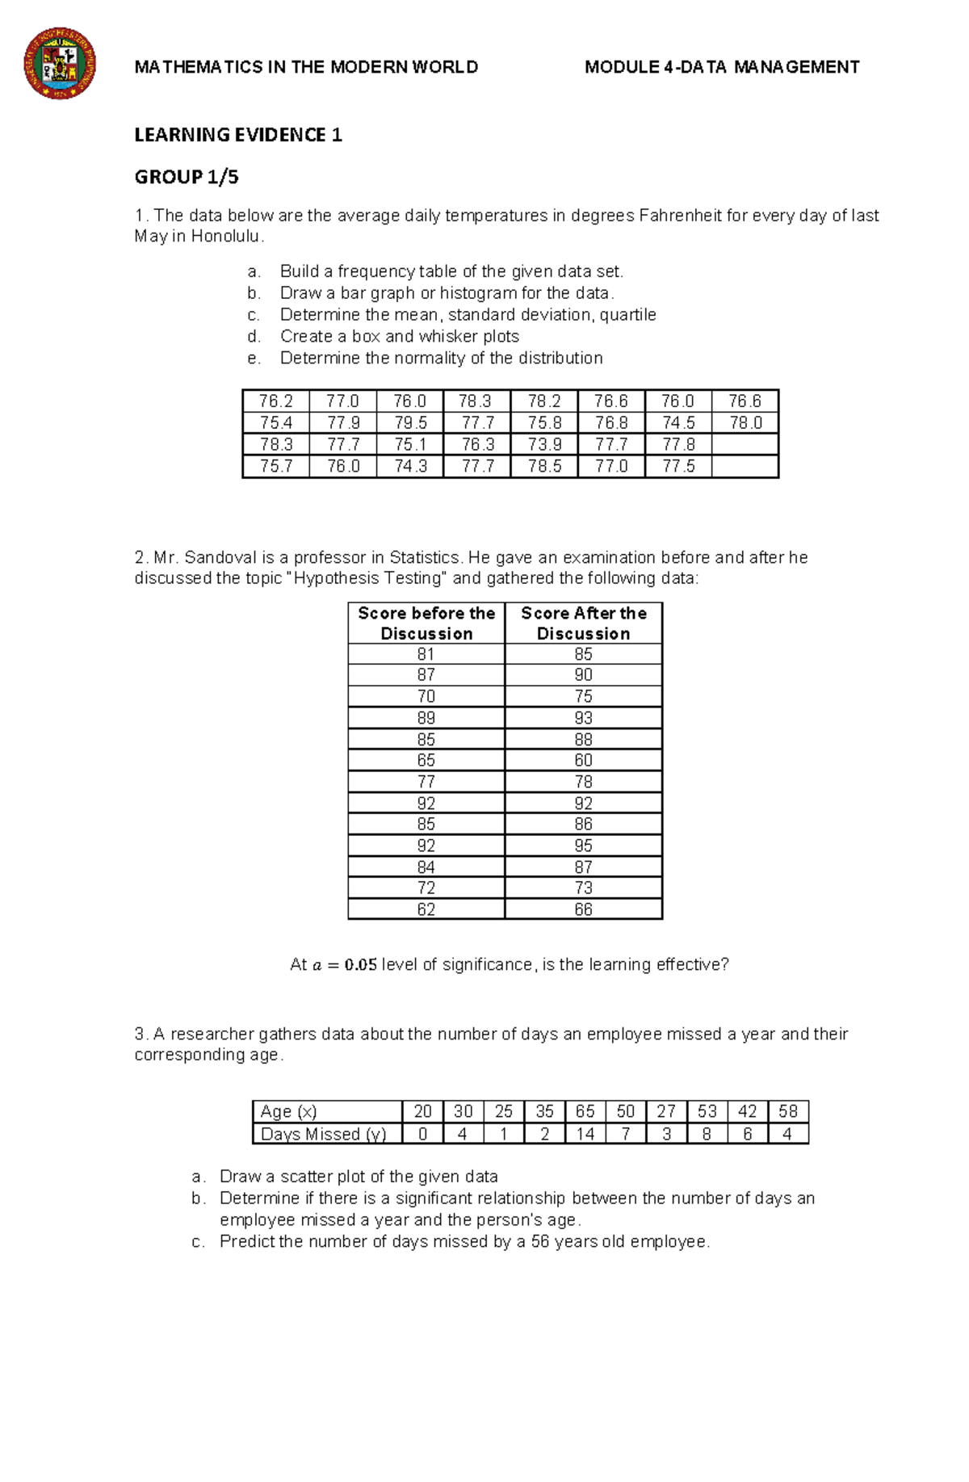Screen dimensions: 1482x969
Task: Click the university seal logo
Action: (x=60, y=64)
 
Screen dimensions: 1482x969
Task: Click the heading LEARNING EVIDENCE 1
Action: (x=238, y=135)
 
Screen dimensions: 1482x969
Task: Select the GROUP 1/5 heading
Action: (x=187, y=177)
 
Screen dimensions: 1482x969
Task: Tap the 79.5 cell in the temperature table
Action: (x=410, y=422)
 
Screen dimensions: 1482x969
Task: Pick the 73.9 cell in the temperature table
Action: (x=544, y=444)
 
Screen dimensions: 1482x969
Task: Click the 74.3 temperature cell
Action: (x=410, y=466)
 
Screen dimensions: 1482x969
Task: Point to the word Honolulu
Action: (x=226, y=237)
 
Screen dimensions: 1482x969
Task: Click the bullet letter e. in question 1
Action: (x=254, y=358)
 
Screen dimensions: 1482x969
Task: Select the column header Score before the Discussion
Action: (x=426, y=623)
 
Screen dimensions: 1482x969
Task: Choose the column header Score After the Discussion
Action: (x=583, y=623)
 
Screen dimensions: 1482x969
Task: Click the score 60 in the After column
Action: (x=583, y=760)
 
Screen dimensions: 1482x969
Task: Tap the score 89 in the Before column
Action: (x=426, y=717)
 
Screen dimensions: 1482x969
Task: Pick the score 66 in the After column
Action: (x=583, y=909)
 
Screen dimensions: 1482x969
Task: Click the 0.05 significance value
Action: (x=361, y=965)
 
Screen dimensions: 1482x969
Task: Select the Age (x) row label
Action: (x=289, y=1111)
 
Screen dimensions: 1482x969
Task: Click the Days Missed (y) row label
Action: (x=323, y=1134)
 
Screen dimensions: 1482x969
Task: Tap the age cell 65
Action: (x=585, y=1111)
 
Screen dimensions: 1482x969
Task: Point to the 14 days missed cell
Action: (x=585, y=1134)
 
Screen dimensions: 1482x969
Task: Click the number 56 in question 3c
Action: (x=540, y=1241)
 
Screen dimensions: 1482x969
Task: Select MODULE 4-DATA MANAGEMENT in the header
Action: (x=722, y=67)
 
